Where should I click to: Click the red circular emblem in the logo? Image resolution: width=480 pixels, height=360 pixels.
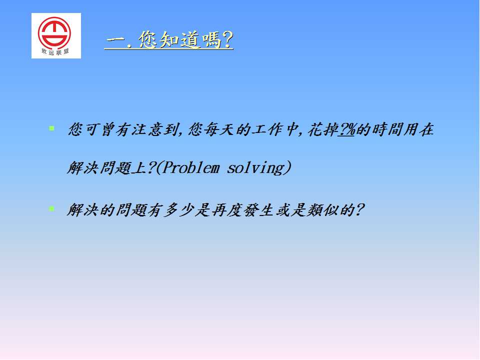click(54, 33)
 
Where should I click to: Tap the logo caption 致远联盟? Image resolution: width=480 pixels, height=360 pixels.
click(55, 51)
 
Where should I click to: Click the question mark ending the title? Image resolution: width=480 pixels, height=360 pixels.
click(227, 39)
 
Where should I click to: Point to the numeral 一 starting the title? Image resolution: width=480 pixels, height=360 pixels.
click(115, 40)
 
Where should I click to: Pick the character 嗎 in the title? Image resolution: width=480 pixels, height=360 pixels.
click(210, 40)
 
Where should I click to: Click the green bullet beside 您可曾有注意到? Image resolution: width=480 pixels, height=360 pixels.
click(51, 128)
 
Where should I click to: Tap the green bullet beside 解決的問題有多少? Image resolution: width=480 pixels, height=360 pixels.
click(51, 209)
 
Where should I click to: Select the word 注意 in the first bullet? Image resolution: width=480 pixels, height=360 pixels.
click(147, 129)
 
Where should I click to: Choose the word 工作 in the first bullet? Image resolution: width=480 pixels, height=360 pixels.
click(267, 129)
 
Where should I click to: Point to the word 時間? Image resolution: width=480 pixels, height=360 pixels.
click(386, 129)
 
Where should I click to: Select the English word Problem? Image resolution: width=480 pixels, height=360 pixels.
click(190, 168)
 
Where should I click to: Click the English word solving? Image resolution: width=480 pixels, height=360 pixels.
click(256, 168)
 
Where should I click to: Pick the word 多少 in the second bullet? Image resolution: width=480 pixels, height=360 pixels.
click(179, 210)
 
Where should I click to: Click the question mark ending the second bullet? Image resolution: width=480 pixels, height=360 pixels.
click(359, 210)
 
